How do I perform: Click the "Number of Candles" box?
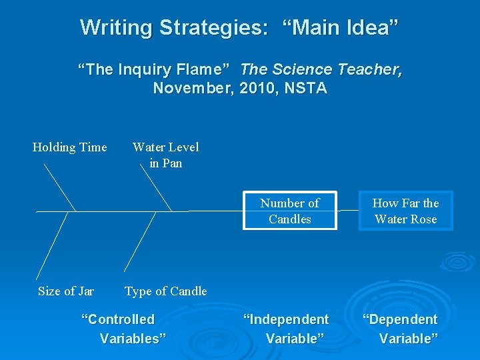tap(289, 211)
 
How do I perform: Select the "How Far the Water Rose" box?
tap(405, 211)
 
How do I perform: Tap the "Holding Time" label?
tap(69, 147)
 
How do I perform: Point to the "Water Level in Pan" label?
tap(165, 155)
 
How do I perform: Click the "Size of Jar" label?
tap(66, 291)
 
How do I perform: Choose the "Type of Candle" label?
tap(165, 291)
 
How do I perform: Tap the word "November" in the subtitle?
tap(191, 88)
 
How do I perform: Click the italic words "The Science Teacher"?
tap(321, 69)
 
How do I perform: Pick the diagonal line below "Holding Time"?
tap(59, 187)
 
